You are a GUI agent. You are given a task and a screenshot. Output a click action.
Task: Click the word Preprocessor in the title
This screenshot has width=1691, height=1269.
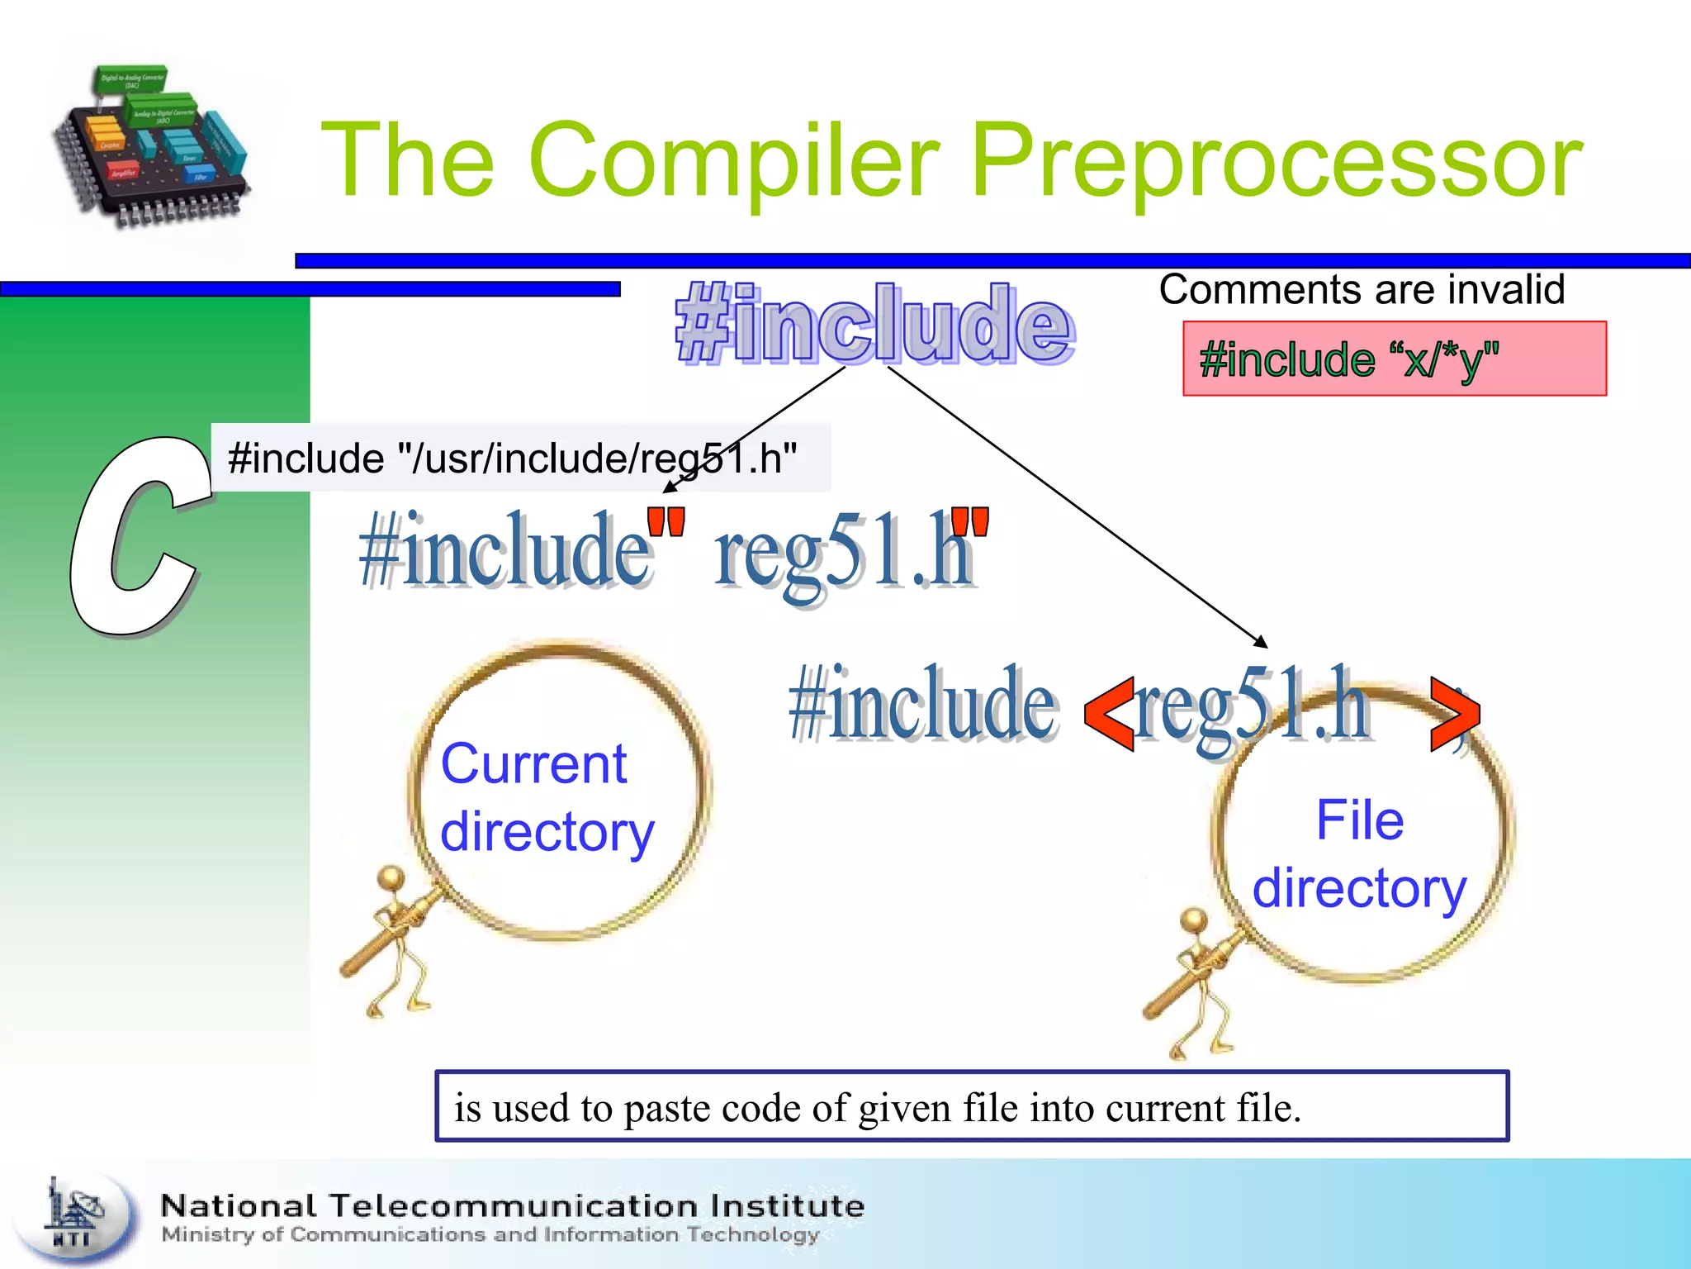[x=1276, y=161]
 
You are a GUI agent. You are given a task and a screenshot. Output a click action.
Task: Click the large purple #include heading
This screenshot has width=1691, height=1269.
[x=874, y=324]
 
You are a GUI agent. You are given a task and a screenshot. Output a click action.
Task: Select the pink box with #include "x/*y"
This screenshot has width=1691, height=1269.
[x=1394, y=359]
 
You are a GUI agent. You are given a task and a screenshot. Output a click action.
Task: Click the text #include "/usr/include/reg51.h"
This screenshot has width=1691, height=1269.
[x=512, y=458]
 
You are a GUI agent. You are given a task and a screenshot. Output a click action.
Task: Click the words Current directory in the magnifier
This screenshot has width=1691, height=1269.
[x=545, y=797]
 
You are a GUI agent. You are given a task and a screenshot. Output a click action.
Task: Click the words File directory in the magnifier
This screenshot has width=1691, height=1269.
[x=1359, y=854]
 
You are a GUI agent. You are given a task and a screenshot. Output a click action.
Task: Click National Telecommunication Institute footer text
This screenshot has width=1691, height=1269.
[x=512, y=1206]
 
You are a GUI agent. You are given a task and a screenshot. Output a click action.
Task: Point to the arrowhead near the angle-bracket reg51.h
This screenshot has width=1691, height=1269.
[x=1261, y=642]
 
